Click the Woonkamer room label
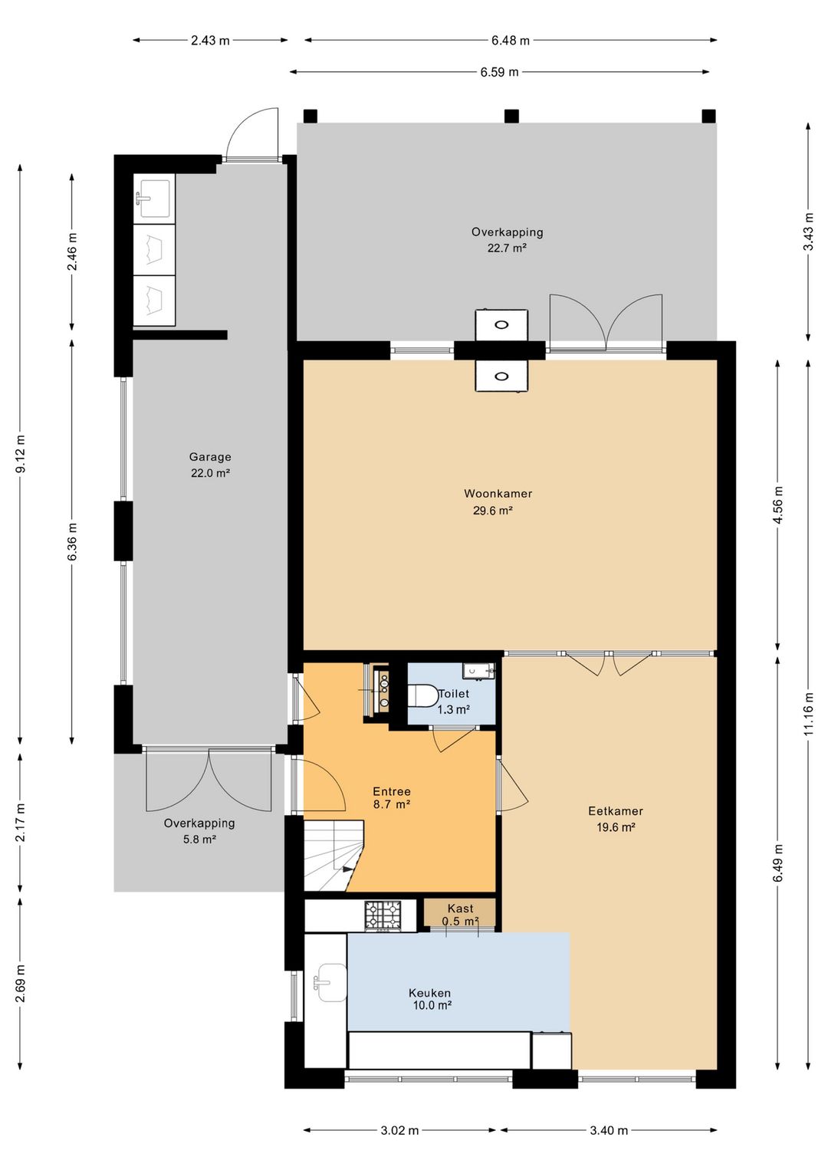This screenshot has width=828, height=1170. (x=498, y=501)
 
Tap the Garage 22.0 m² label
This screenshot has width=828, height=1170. (x=210, y=465)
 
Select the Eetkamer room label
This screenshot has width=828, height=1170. (x=616, y=819)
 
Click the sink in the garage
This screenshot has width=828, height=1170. (x=153, y=199)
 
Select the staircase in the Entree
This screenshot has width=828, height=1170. (x=333, y=855)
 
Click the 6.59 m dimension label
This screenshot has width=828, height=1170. (x=499, y=72)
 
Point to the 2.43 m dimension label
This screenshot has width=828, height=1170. (x=210, y=40)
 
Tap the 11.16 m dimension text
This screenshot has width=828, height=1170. (x=809, y=713)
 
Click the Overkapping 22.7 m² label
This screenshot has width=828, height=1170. (x=507, y=240)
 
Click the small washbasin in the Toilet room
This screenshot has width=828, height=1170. (x=477, y=670)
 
